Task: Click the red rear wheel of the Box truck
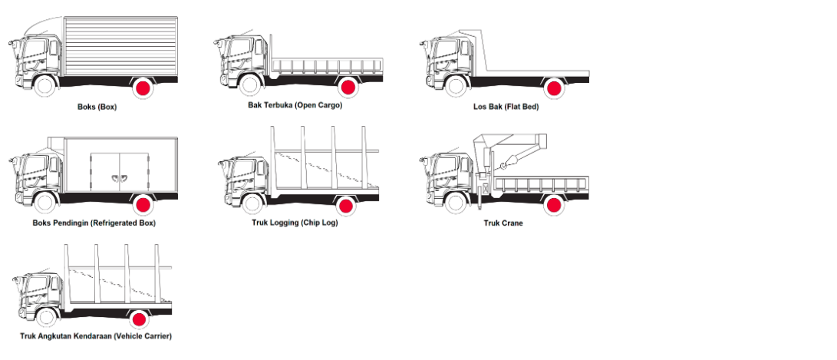pos(143,88)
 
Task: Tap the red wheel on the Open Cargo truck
pos(348,87)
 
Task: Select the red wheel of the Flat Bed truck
pos(553,88)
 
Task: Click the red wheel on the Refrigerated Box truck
pos(143,205)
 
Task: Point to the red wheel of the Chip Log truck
pos(345,205)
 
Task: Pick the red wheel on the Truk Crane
pos(552,205)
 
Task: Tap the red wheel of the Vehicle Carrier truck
pos(139,319)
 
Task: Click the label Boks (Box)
pos(97,107)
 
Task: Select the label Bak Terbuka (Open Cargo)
pos(295,105)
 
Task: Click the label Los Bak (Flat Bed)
pos(506,107)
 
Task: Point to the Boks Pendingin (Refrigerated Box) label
pos(94,223)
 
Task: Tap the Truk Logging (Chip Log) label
pos(295,223)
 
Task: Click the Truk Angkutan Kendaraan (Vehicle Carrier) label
pos(96,336)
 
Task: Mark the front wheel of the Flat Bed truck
pos(457,86)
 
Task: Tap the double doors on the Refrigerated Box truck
pos(117,173)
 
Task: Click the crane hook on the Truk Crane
pos(505,165)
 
